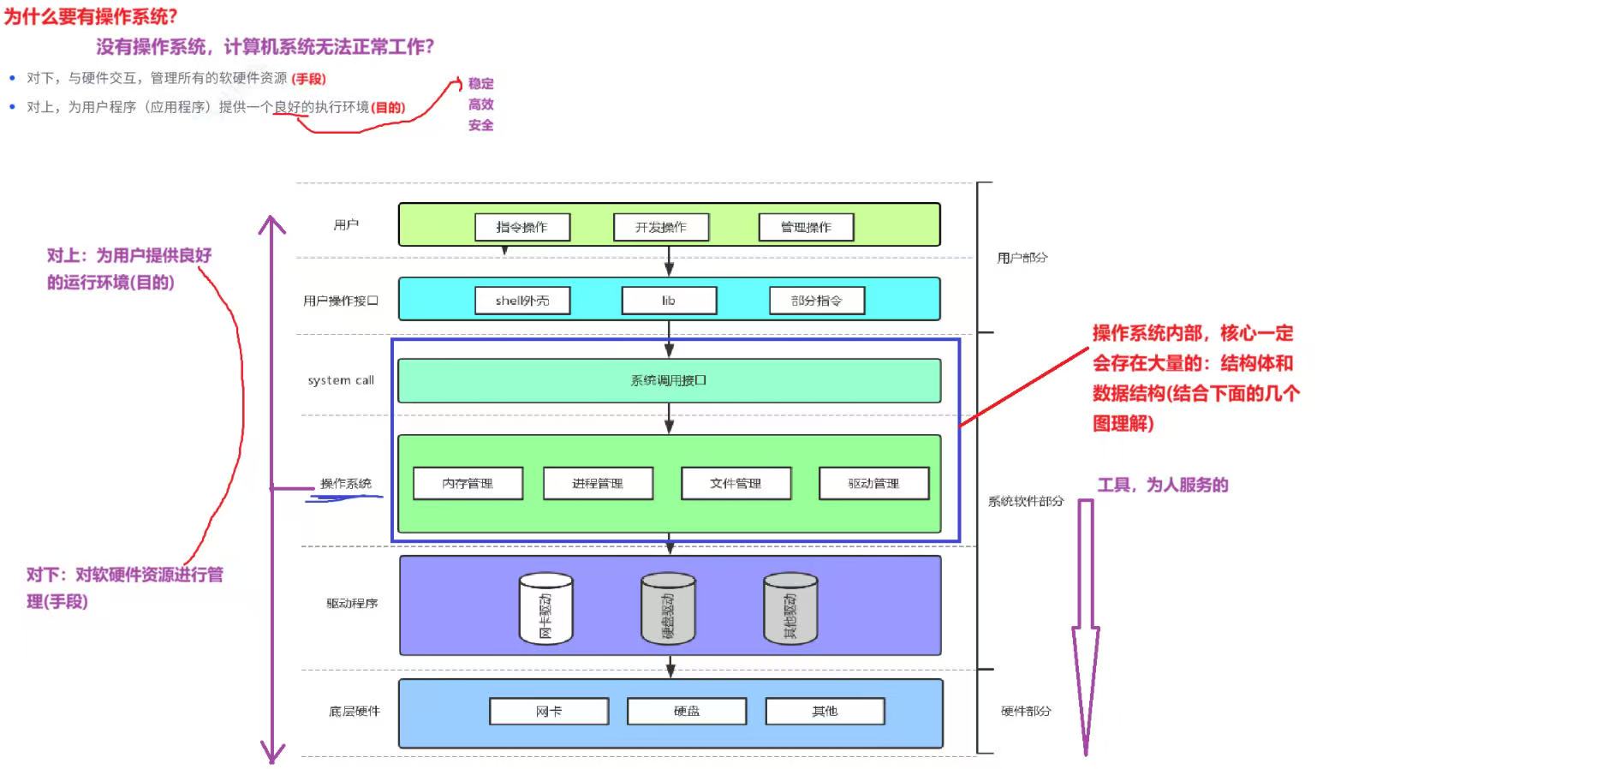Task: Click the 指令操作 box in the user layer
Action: (x=522, y=227)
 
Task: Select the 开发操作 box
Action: (x=661, y=227)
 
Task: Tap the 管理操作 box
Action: (x=806, y=227)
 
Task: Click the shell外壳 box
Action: (x=522, y=301)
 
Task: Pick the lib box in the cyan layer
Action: (x=669, y=301)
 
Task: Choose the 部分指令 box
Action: (x=817, y=301)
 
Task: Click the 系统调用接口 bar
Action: (x=670, y=380)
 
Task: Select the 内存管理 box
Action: (x=468, y=483)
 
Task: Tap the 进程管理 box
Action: (x=598, y=483)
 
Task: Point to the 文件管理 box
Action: (x=736, y=483)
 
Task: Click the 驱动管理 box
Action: (x=874, y=483)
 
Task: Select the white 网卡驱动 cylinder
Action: (x=546, y=608)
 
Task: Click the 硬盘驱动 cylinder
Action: (x=669, y=608)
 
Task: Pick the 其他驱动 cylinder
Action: (x=790, y=608)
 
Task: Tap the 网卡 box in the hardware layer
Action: (x=549, y=711)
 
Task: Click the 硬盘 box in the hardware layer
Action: (x=687, y=711)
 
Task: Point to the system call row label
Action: (x=341, y=380)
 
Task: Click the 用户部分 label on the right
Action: (x=1022, y=257)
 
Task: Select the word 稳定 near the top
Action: (x=481, y=83)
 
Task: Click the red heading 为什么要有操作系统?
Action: (x=91, y=16)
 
